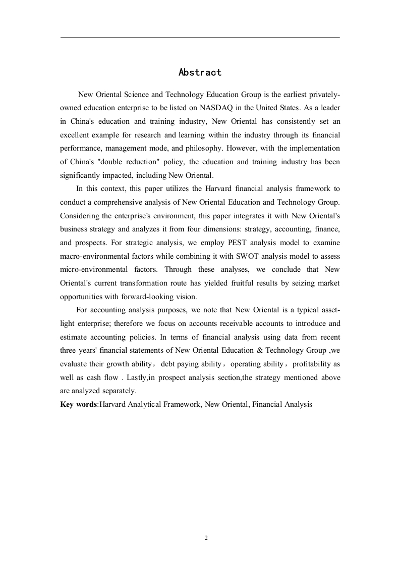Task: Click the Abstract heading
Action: tap(200, 73)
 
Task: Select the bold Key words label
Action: tap(78, 404)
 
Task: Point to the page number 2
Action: tap(206, 538)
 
